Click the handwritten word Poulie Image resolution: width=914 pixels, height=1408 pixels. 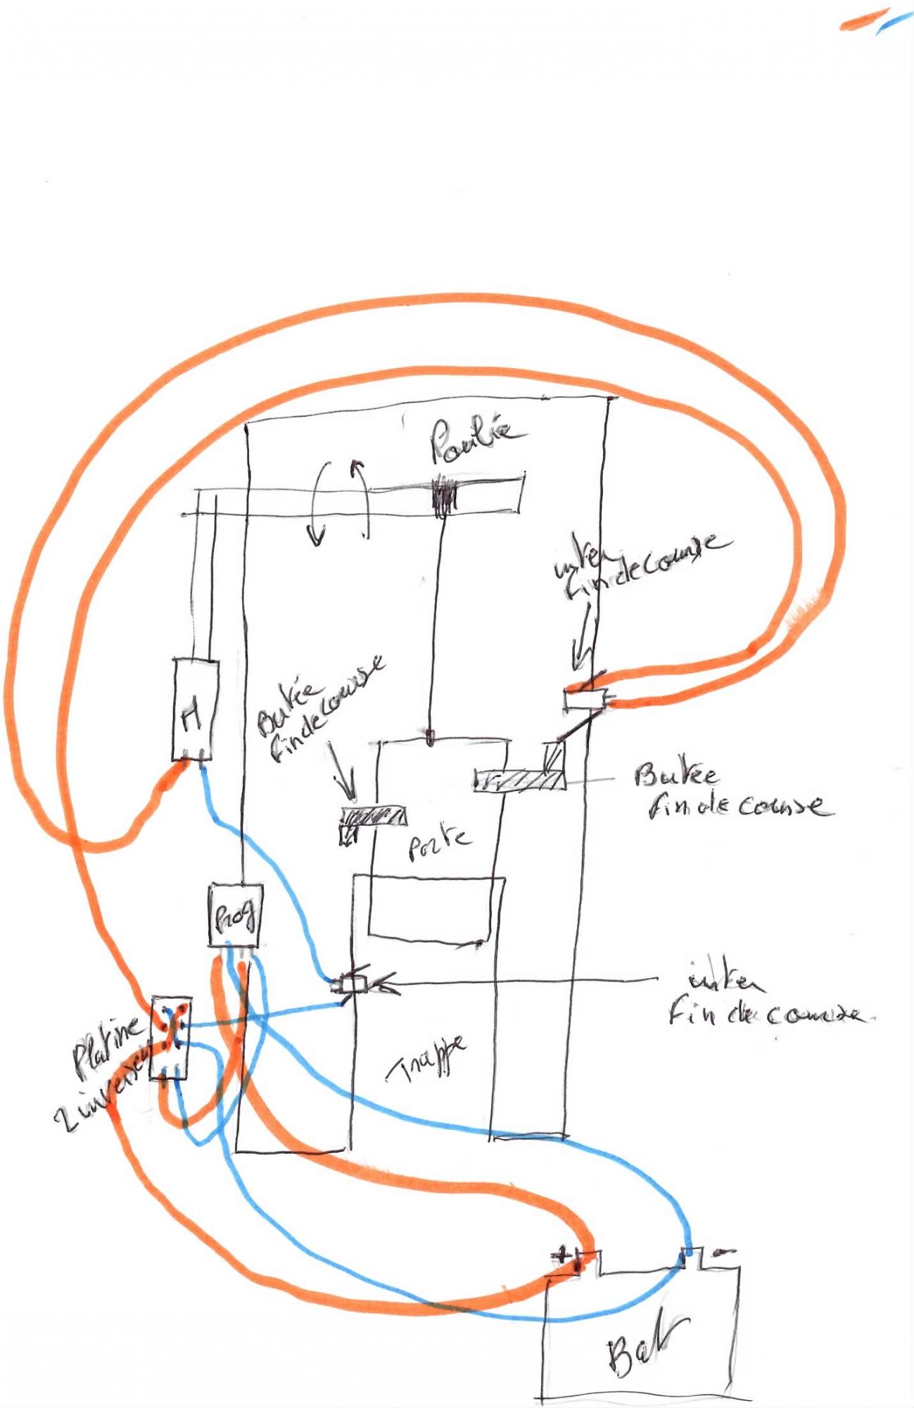(x=476, y=440)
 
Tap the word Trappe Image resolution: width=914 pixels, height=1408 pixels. (x=427, y=1060)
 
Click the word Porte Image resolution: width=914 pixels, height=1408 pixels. (x=439, y=843)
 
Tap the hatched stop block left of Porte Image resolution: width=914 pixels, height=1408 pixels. (x=373, y=817)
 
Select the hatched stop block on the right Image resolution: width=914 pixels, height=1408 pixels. (x=519, y=780)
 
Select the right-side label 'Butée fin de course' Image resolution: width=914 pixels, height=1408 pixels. (x=732, y=791)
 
